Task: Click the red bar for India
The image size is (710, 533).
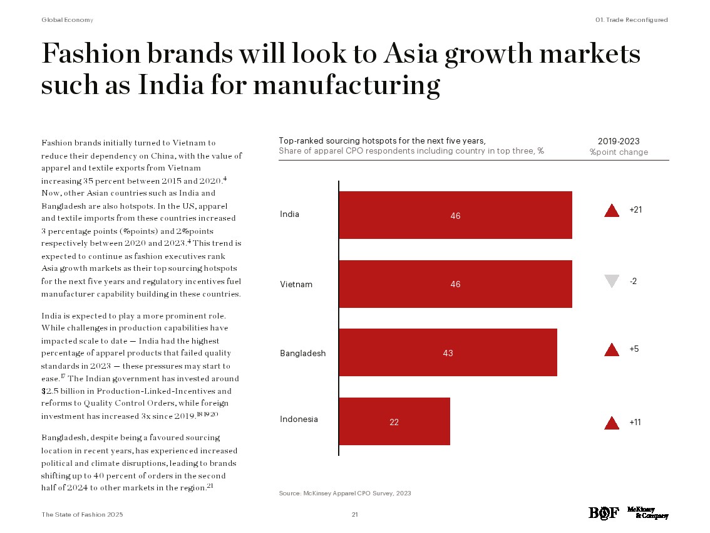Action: (x=455, y=215)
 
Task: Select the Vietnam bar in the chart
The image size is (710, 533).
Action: (x=455, y=284)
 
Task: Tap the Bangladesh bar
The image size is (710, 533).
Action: (x=448, y=353)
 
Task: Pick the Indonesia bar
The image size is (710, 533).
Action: (x=394, y=421)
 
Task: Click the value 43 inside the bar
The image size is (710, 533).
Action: (x=448, y=353)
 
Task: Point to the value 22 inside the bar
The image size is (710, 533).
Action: (x=394, y=422)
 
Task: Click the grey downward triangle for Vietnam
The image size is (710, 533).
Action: (x=612, y=282)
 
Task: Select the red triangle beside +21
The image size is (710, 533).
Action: (x=612, y=211)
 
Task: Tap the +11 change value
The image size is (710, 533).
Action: (x=635, y=422)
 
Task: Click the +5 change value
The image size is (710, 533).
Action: (x=634, y=349)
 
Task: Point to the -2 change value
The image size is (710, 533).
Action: (x=633, y=281)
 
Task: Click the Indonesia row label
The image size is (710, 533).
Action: (x=299, y=419)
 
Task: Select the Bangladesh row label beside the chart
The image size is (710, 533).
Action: (x=302, y=353)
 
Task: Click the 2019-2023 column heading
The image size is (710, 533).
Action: (x=619, y=142)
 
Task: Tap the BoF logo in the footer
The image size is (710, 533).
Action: (x=603, y=513)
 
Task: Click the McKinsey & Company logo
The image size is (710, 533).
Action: (x=647, y=512)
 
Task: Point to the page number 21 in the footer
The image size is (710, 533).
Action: (x=354, y=514)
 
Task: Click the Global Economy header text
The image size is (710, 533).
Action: (x=67, y=20)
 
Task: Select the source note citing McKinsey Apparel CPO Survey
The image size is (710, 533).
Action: (x=345, y=493)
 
